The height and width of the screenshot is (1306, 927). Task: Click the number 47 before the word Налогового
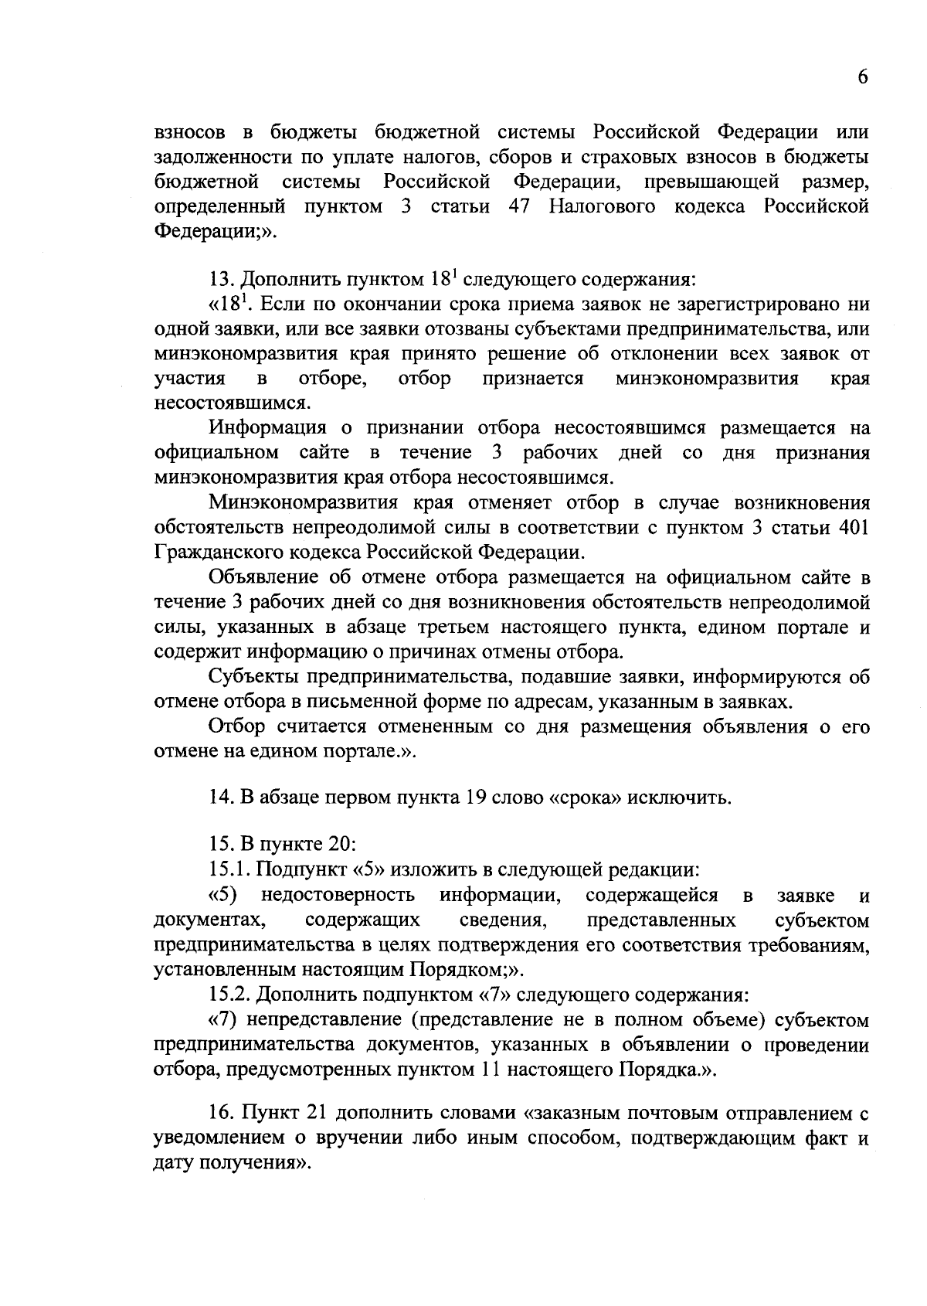(523, 207)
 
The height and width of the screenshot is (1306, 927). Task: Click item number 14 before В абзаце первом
(222, 797)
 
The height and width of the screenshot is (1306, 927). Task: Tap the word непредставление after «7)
(324, 1021)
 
